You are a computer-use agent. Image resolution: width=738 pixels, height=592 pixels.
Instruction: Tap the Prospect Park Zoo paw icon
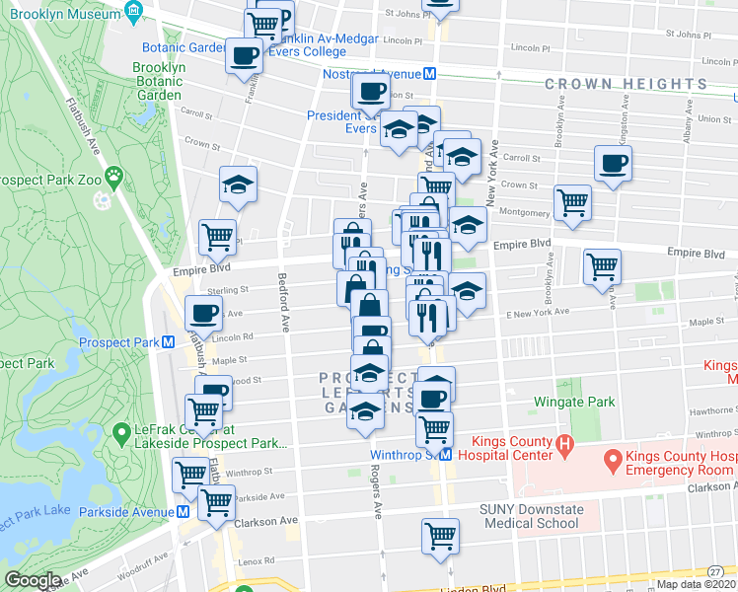114,177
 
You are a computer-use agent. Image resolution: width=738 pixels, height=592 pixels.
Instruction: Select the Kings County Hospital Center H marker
564,446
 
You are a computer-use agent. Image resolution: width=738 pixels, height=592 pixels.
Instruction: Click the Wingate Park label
574,402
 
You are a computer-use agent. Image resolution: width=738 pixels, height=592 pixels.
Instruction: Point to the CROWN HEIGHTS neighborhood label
627,85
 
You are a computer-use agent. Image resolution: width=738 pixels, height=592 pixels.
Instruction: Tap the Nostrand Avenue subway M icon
430,74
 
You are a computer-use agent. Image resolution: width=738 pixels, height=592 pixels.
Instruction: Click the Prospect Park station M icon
169,342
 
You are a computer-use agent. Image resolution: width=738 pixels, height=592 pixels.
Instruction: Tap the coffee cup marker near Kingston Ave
613,164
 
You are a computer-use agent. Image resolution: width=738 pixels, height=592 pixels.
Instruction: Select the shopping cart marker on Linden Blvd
440,537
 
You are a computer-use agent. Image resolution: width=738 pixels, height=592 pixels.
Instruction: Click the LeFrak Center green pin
121,431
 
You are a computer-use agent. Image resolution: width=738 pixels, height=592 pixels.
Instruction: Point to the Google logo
33,580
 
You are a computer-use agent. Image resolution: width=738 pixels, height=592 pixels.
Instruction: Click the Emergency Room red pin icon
611,458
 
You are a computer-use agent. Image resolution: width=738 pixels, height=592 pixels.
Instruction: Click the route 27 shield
713,572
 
